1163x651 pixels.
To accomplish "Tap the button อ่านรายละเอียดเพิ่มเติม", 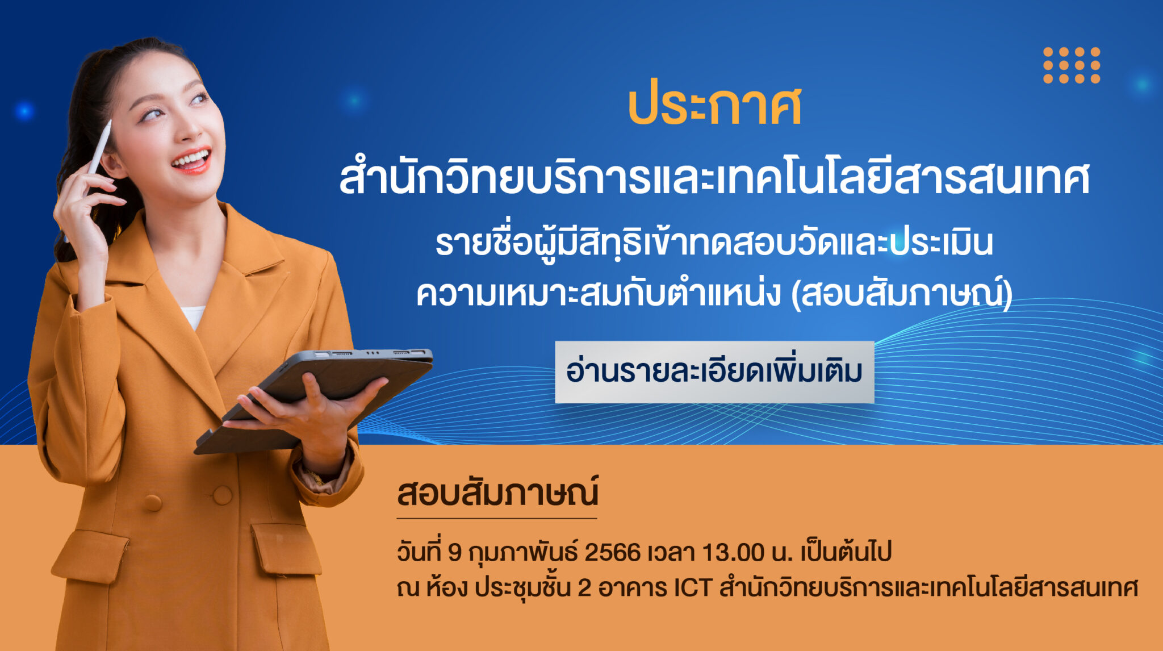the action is (714, 372).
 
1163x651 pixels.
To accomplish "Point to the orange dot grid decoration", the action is (1072, 65).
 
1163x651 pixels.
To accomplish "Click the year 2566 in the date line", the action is (612, 552).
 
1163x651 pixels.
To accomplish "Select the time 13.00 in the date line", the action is (733, 552).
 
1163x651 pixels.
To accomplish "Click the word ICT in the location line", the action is (693, 588).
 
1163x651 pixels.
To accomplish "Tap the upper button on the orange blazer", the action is (222, 495).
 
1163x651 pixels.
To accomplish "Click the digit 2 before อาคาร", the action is (584, 588).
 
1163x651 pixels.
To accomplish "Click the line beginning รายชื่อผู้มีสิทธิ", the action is (714, 241).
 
